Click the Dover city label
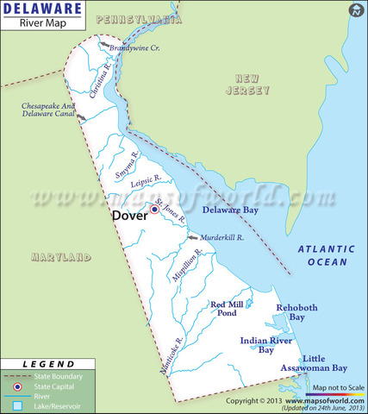[130, 216]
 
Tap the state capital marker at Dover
[154, 209]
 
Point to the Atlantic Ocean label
[323, 254]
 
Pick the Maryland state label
[60, 257]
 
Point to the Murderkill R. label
[222, 235]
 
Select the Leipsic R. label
[146, 180]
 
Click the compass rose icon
[355, 10]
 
